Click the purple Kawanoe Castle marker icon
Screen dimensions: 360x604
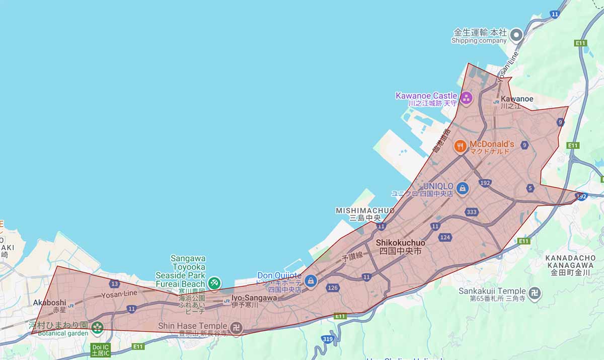(x=466, y=98)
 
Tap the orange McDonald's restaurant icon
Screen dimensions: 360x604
(x=460, y=147)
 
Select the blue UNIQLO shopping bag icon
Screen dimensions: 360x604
(x=462, y=189)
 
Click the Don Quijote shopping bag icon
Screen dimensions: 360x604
(x=311, y=280)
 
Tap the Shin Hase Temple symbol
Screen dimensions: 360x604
(x=237, y=328)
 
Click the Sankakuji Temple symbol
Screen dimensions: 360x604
(x=535, y=293)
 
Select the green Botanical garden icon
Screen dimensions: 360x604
(x=97, y=328)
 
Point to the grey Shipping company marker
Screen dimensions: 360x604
(x=516, y=35)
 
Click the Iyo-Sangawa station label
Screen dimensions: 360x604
(x=254, y=298)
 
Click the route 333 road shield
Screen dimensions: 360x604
(x=472, y=211)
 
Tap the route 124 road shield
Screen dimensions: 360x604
(x=445, y=237)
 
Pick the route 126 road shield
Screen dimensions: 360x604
(x=332, y=288)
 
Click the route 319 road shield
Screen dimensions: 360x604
(x=327, y=340)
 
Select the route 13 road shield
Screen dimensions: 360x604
(x=114, y=284)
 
